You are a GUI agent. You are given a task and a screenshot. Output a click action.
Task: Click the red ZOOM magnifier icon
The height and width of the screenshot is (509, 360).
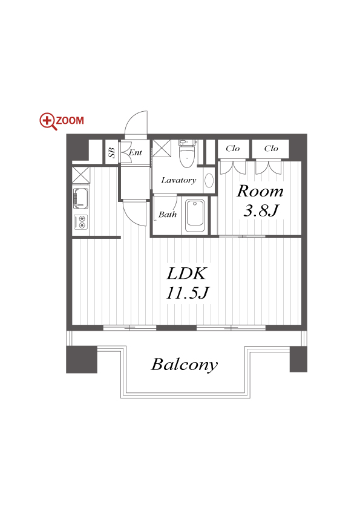point(48,122)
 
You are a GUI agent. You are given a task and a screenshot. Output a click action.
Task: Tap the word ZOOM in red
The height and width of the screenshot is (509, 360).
point(70,120)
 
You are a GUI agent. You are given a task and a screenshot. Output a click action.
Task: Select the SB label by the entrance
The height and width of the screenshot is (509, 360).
point(112,152)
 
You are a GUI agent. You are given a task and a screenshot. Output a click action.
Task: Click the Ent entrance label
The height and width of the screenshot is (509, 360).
point(136,152)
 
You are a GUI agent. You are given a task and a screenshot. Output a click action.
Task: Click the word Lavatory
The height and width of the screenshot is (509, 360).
point(178,180)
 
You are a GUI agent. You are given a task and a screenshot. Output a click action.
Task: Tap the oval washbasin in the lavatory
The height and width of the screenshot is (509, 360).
point(209,180)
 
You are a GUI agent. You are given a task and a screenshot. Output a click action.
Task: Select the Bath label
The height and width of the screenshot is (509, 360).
point(168,215)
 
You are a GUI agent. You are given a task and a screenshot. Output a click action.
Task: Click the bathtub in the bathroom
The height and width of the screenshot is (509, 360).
point(195,216)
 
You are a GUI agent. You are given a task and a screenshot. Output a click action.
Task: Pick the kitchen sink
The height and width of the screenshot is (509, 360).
point(80,198)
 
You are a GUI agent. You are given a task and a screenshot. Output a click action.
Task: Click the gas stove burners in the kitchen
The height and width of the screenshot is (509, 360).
point(81,222)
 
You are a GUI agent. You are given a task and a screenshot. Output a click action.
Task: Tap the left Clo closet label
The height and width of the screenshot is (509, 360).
point(232,149)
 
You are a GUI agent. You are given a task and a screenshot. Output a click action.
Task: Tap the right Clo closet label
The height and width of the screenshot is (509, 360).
point(271,149)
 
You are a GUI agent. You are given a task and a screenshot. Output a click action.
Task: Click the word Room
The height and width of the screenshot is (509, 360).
point(260,191)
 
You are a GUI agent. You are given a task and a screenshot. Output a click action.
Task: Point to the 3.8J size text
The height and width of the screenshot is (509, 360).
point(261,211)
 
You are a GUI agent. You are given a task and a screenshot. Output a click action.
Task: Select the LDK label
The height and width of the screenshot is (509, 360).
point(186,274)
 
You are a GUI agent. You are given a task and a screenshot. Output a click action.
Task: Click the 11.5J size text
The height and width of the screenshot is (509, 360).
point(187,293)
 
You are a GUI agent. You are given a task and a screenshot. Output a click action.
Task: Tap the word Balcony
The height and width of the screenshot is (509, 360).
point(185,365)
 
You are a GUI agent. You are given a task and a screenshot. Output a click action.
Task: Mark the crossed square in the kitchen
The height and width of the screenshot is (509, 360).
point(80,175)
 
